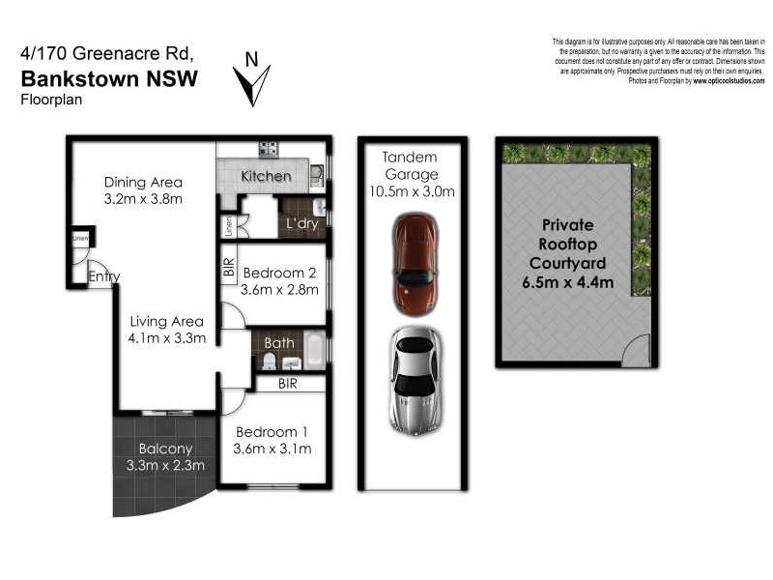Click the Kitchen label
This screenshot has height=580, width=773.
(x=266, y=176)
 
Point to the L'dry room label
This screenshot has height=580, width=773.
(x=302, y=224)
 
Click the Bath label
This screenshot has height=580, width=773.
(x=280, y=342)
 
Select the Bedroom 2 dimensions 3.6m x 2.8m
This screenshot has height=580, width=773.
(x=279, y=290)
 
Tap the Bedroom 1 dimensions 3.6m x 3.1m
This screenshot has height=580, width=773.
(x=272, y=449)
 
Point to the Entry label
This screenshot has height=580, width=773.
(x=103, y=277)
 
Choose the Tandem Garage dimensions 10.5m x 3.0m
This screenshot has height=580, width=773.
(x=410, y=191)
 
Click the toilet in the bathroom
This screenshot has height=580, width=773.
(x=270, y=361)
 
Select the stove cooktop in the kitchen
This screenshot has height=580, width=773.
(x=268, y=149)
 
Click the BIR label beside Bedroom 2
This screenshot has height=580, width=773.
(x=229, y=267)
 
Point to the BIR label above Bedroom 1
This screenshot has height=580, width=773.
(x=288, y=384)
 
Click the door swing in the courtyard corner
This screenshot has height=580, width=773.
(x=636, y=352)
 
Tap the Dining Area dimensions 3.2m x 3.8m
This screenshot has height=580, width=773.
(x=143, y=199)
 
